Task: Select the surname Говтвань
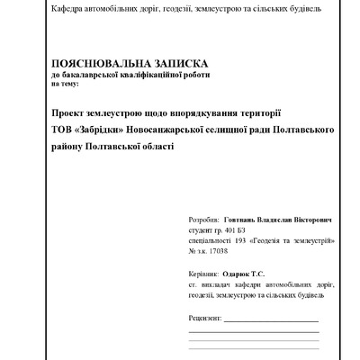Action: pos(243,220)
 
